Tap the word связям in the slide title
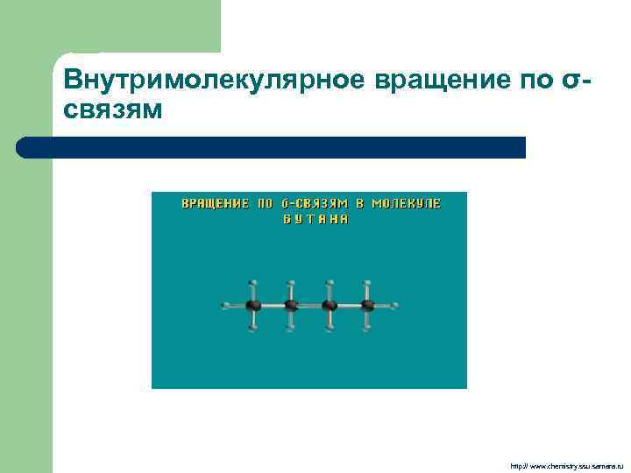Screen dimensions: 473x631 pos(113,111)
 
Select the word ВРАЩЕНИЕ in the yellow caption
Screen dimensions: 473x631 pos(215,204)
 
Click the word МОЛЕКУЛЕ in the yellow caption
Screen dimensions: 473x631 pos(406,204)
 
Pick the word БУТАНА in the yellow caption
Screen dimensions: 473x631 pos(315,220)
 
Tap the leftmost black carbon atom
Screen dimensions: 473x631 pos(253,306)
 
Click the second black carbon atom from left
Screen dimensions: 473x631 pos(291,306)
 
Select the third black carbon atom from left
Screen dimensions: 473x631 pos(330,306)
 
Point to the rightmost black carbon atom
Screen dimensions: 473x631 pos(367,306)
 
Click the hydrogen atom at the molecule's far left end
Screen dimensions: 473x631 pos(226,306)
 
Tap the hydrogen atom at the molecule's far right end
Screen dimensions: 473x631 pos(395,306)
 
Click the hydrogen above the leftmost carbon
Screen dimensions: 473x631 pos(253,283)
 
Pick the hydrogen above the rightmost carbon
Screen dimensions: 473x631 pos(367,283)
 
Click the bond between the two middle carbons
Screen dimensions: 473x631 pos(310,306)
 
